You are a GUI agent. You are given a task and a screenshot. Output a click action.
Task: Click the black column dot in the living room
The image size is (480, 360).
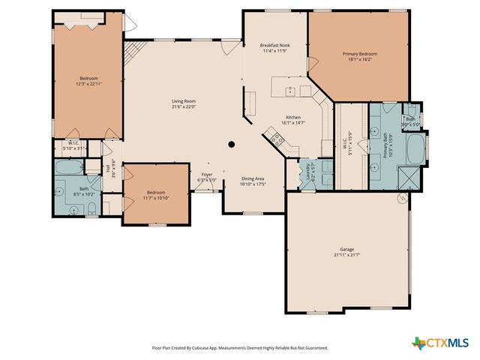click(232, 144)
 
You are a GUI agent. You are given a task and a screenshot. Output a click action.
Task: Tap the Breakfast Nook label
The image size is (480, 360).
click(274, 46)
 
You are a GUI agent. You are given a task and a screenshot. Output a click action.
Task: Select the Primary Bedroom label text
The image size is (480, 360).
click(360, 54)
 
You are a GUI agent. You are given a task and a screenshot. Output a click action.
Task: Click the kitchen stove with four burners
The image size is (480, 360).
click(275, 139)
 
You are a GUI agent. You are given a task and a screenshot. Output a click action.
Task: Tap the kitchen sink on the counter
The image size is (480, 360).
click(290, 91)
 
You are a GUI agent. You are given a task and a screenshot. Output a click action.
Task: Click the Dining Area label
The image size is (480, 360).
click(252, 178)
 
